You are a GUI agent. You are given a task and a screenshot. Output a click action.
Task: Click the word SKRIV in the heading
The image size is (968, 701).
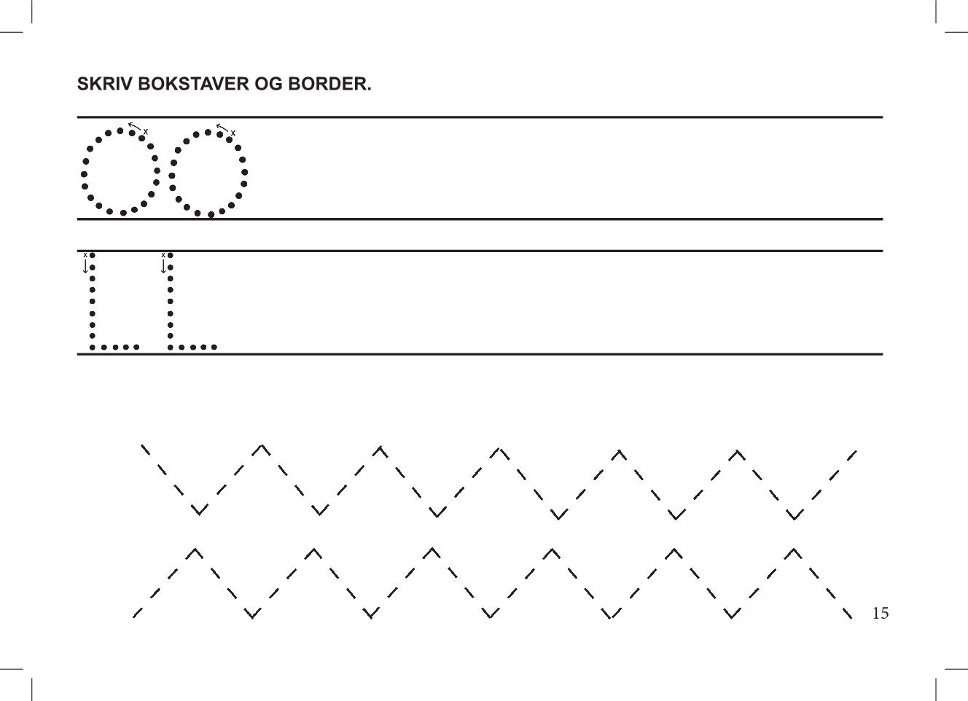[x=104, y=84]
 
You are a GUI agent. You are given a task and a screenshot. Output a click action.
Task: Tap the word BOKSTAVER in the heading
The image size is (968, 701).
[x=193, y=84]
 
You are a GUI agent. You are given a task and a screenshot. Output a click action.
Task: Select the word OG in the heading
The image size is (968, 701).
[x=268, y=84]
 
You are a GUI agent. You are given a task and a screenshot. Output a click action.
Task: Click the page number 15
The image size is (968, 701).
[x=881, y=613]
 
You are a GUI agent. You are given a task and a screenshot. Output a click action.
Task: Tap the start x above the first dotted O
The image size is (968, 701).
[x=146, y=131]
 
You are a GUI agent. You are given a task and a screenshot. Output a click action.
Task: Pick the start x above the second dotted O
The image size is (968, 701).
[x=233, y=133]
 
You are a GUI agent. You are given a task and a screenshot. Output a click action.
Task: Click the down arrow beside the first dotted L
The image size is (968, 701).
[x=85, y=266]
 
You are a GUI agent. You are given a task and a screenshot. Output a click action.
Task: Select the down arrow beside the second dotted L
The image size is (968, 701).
[x=163, y=266]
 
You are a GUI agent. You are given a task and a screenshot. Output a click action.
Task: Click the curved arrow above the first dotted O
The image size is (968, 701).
[x=134, y=125]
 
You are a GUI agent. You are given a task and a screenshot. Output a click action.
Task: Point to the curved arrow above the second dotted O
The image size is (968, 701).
[x=222, y=127]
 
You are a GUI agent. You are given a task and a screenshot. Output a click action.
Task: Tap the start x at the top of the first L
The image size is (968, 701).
[x=85, y=255]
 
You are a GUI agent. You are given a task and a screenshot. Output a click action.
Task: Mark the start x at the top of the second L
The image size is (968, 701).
[x=163, y=255]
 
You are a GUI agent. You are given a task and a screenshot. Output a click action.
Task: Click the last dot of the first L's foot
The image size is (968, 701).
[x=136, y=347]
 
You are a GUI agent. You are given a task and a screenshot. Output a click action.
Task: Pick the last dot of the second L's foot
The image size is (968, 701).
[x=214, y=347]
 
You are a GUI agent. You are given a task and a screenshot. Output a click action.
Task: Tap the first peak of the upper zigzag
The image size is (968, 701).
[x=262, y=445]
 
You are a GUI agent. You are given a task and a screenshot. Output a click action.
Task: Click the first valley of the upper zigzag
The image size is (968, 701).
[x=199, y=514]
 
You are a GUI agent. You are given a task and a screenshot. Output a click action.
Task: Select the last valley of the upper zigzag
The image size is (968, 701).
[x=795, y=518]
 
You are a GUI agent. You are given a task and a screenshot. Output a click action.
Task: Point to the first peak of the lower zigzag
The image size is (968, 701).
[x=195, y=549]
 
